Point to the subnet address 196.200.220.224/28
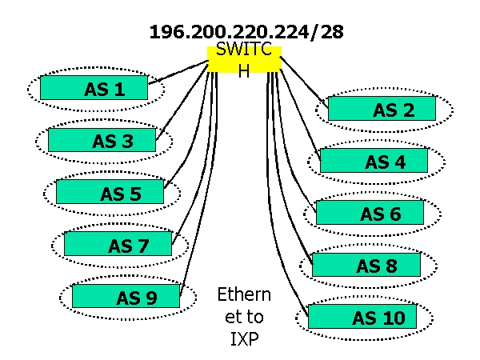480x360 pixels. pyautogui.click(x=246, y=33)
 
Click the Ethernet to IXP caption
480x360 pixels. pyautogui.click(x=244, y=316)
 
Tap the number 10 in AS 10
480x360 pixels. pyautogui.click(x=394, y=318)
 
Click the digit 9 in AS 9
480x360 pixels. pyautogui.click(x=150, y=298)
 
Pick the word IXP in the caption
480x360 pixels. pyautogui.click(x=244, y=338)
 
